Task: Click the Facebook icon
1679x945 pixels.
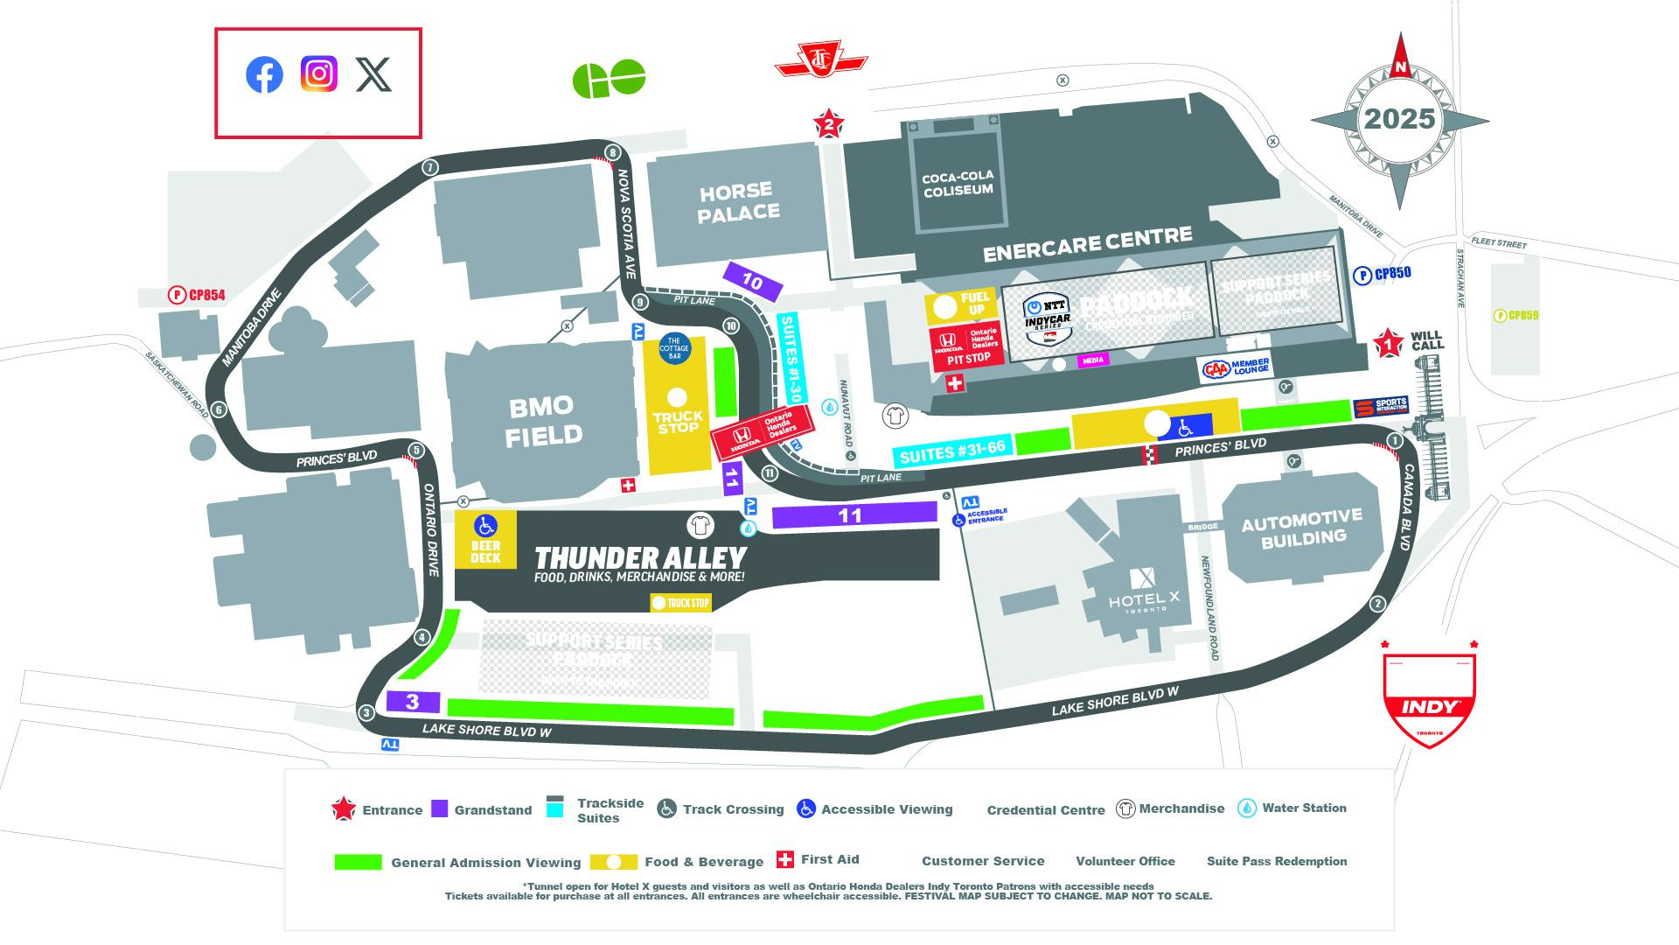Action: (264, 75)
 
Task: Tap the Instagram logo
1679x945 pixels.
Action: (319, 73)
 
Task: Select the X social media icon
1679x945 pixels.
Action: (374, 75)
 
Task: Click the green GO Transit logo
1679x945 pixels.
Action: (609, 80)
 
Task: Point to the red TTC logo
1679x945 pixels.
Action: (820, 59)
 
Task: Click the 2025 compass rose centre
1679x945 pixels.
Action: (1400, 119)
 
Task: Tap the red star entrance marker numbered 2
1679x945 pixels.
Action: (828, 125)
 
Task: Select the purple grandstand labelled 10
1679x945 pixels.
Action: (752, 282)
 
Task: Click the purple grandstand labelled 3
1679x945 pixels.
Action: (412, 702)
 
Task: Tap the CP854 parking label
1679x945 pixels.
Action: (197, 296)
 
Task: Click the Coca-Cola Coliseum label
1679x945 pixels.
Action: (958, 183)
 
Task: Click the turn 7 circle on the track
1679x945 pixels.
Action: (429, 168)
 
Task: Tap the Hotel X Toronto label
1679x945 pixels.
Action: (1144, 595)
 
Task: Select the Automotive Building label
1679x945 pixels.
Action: (1302, 527)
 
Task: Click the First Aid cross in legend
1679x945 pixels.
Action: (784, 860)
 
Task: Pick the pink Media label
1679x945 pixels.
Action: (1092, 360)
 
